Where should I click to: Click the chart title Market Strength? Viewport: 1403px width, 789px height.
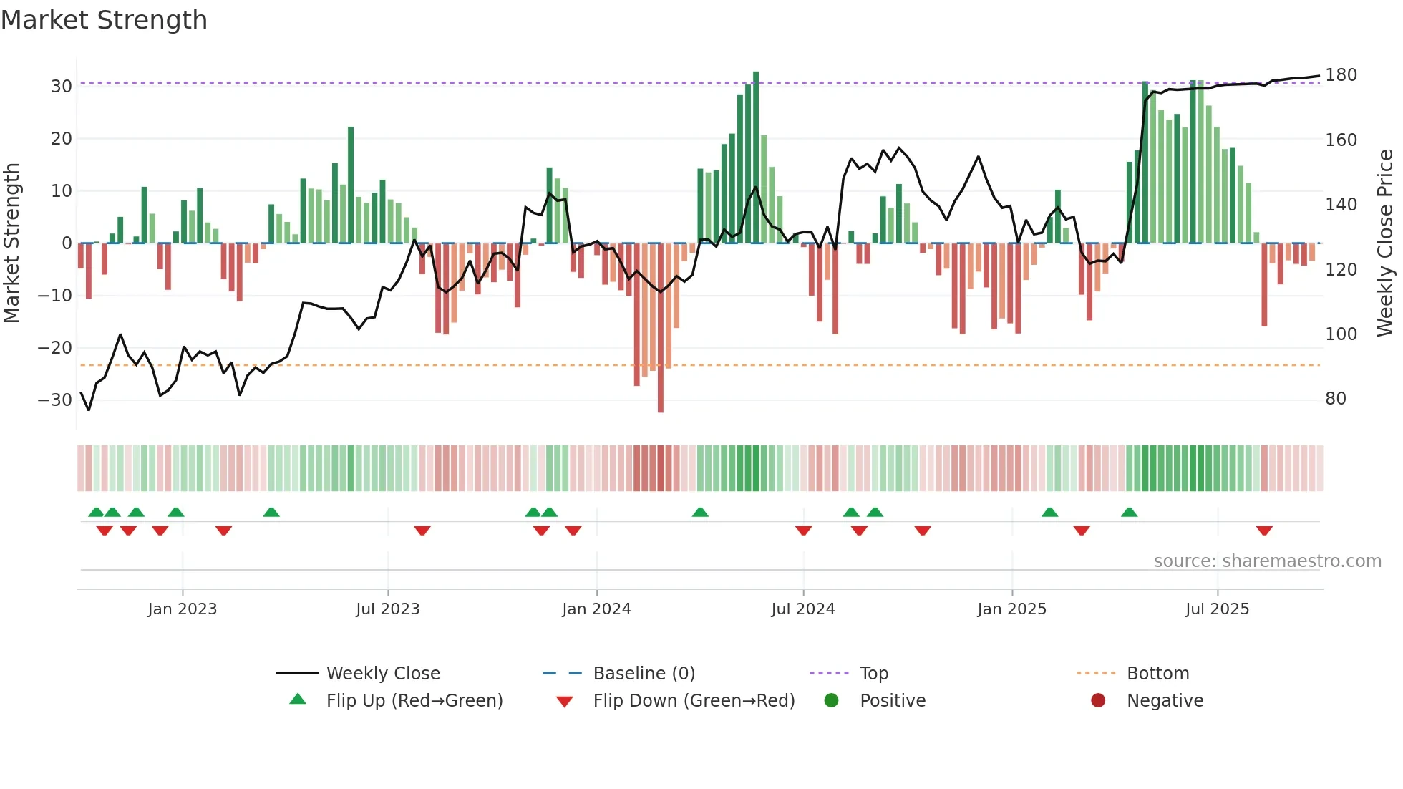pyautogui.click(x=104, y=20)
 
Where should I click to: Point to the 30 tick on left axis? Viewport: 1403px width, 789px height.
pyautogui.click(x=62, y=87)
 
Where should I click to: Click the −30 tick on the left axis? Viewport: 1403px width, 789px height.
pyautogui.click(x=55, y=400)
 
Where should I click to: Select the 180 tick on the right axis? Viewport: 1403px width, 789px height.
pyautogui.click(x=1340, y=75)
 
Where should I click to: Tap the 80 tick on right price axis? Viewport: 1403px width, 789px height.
pyautogui.click(x=1335, y=399)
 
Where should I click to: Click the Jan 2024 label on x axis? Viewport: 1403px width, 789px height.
pyautogui.click(x=596, y=609)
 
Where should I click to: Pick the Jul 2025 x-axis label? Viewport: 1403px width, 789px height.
pyautogui.click(x=1217, y=609)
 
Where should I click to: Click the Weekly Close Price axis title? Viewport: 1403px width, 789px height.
pyautogui.click(x=1385, y=243)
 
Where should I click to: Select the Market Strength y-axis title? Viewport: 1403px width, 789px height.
pyautogui.click(x=11, y=243)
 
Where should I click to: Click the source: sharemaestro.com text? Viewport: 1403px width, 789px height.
pyautogui.click(x=1267, y=561)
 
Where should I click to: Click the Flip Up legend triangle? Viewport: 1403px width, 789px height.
pyautogui.click(x=298, y=700)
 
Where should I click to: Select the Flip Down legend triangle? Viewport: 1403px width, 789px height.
pyautogui.click(x=564, y=702)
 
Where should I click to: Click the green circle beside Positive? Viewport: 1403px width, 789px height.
pyautogui.click(x=831, y=700)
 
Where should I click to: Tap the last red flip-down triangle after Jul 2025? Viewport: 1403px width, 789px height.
pyautogui.click(x=1264, y=531)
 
